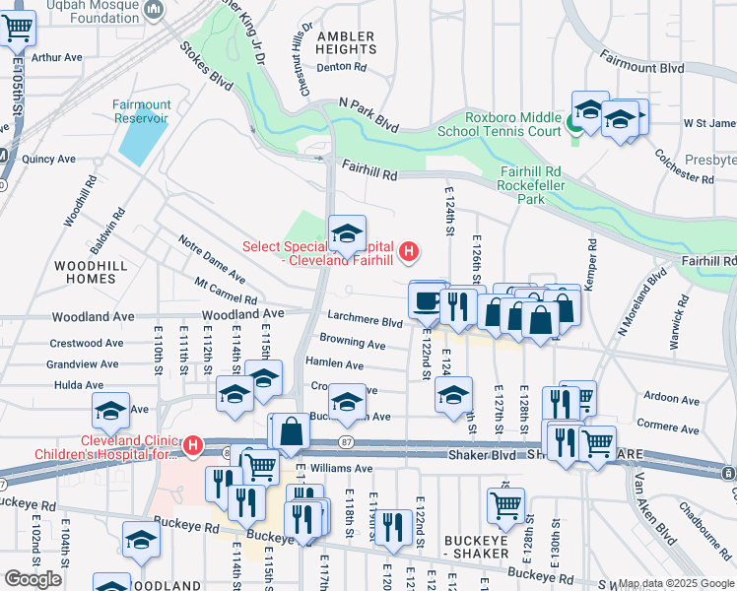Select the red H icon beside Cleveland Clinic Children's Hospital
coord(193,446)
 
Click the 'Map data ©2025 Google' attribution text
coord(676,583)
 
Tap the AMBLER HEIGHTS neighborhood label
coord(345,42)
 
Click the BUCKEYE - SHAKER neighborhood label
coord(483,547)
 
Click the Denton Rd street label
coord(342,68)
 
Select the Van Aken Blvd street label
coord(655,508)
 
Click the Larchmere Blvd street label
coord(365,322)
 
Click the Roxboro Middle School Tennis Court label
coord(512,123)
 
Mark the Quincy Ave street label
coord(48,159)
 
